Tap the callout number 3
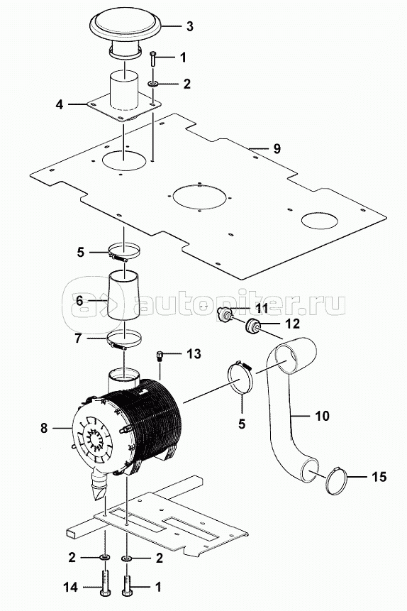pos(189,26)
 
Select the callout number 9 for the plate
pos(277,148)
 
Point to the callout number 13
pos(194,354)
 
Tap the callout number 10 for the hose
pos(322,416)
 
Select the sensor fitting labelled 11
pos(225,314)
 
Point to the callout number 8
pos(44,428)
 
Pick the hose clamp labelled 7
pos(124,340)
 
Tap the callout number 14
pos(70,587)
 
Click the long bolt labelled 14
pos(105,582)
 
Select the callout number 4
pos(59,104)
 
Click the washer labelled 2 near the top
pos(153,84)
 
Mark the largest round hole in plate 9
pos(200,197)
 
